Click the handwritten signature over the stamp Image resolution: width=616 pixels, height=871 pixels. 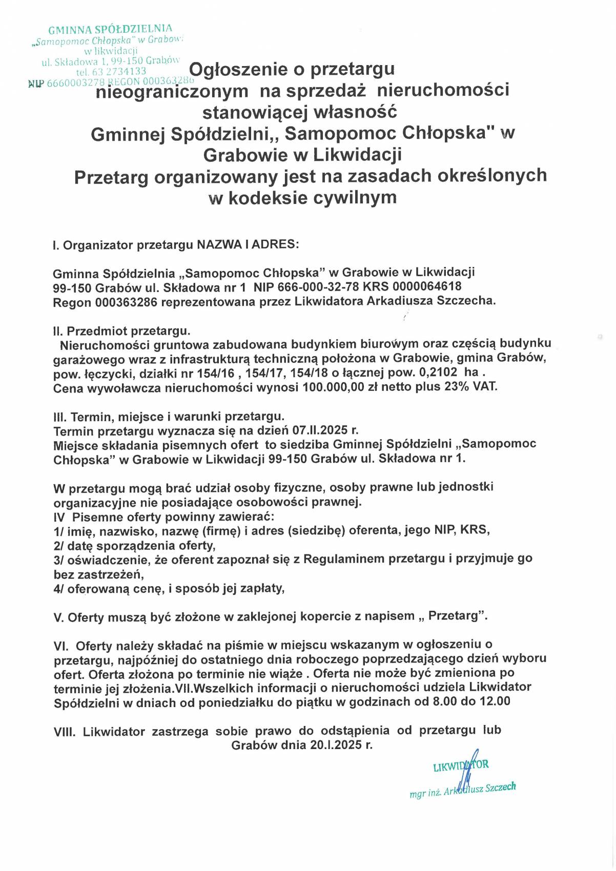pyautogui.click(x=467, y=774)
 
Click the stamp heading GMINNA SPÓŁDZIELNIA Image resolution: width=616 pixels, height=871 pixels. pyautogui.click(x=110, y=29)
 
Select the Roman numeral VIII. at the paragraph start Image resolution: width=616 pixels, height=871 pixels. pyautogui.click(x=65, y=732)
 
